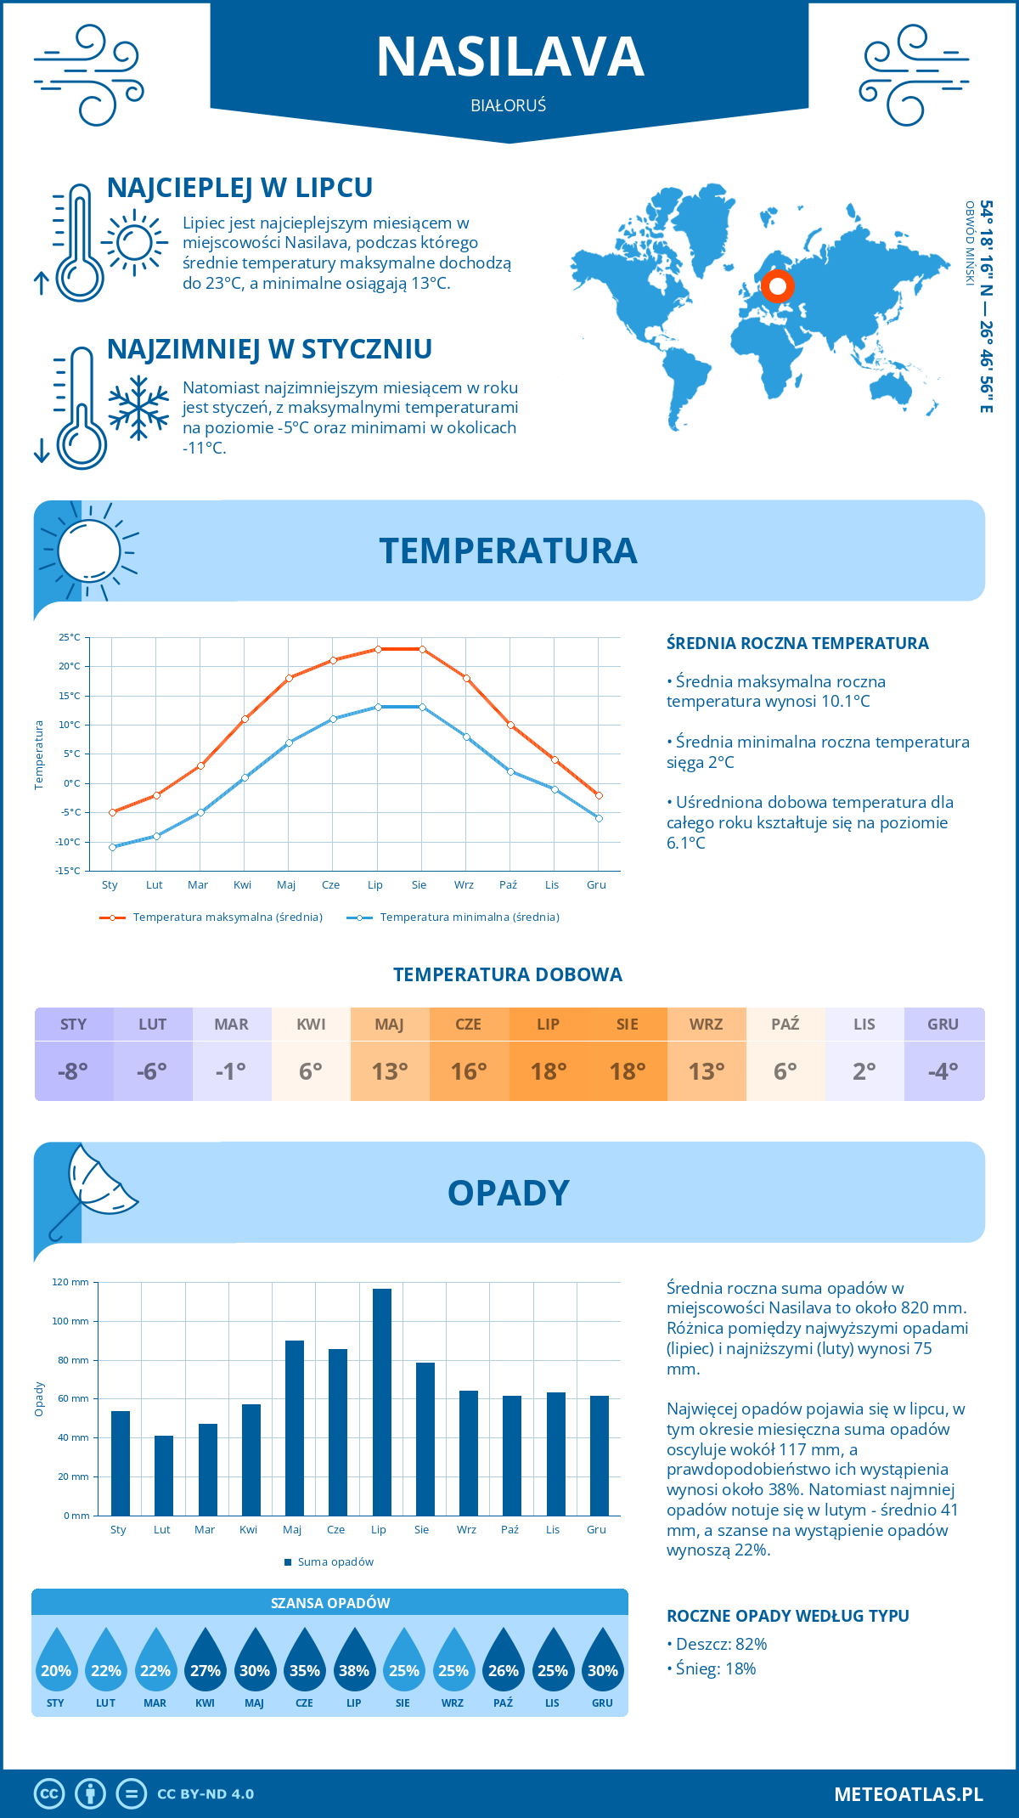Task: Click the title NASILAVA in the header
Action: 509,57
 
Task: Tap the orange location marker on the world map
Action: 777,286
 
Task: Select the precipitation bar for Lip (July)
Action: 382,1402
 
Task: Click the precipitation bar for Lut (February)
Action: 164,1476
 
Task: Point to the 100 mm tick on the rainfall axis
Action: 70,1321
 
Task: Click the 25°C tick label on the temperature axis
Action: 70,637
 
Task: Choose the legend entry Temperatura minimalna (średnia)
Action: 469,917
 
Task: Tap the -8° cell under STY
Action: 74,1071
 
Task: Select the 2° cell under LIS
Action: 864,1071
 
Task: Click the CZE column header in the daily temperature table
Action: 469,1025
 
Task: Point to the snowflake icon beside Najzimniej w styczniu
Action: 138,408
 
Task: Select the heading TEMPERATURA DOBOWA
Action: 508,974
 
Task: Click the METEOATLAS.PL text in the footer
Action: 909,1794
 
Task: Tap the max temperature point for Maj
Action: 289,678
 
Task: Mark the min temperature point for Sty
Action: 112,847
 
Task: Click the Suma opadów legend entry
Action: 335,1562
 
